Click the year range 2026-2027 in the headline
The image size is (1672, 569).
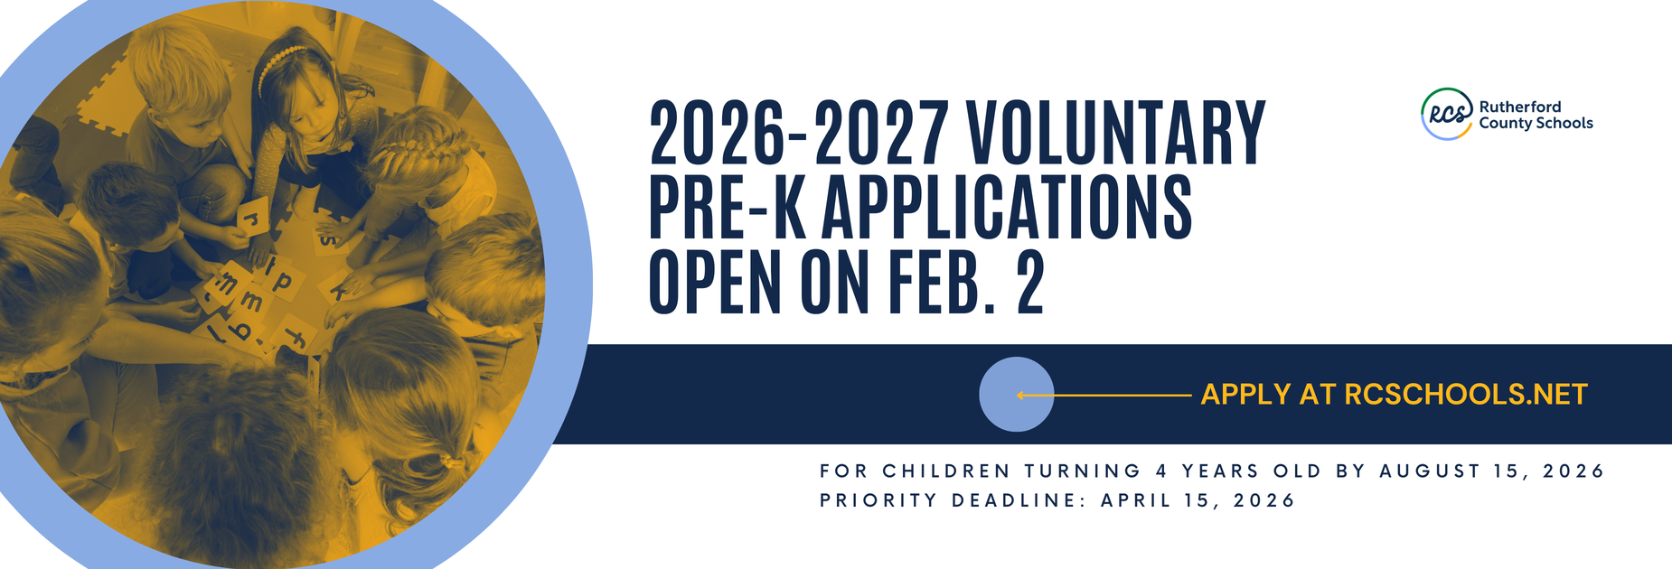[x=799, y=133]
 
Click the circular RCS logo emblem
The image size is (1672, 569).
[x=1447, y=114]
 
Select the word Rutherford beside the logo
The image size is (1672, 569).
[x=1520, y=107]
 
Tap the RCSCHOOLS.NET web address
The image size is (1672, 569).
[x=1465, y=395]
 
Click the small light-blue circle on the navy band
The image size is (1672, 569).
[x=1016, y=395]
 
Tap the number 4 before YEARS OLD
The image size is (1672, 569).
[x=1161, y=471]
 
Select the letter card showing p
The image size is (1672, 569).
[x=283, y=282]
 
